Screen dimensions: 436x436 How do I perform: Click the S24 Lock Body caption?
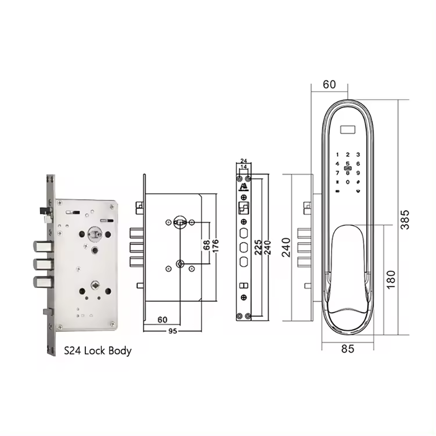click(98, 351)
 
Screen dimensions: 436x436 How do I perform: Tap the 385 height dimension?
click(405, 220)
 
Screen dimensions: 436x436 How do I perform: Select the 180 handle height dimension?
click(391, 280)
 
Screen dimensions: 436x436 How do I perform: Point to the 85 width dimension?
click(347, 349)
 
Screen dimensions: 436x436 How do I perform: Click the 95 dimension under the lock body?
click(173, 331)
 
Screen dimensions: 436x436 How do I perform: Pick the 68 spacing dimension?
click(207, 245)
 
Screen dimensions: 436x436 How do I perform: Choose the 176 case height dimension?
click(215, 245)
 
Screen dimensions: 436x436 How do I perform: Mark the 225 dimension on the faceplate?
click(258, 247)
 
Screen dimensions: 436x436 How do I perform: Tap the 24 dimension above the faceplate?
click(244, 161)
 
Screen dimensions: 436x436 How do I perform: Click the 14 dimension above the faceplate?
click(244, 167)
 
